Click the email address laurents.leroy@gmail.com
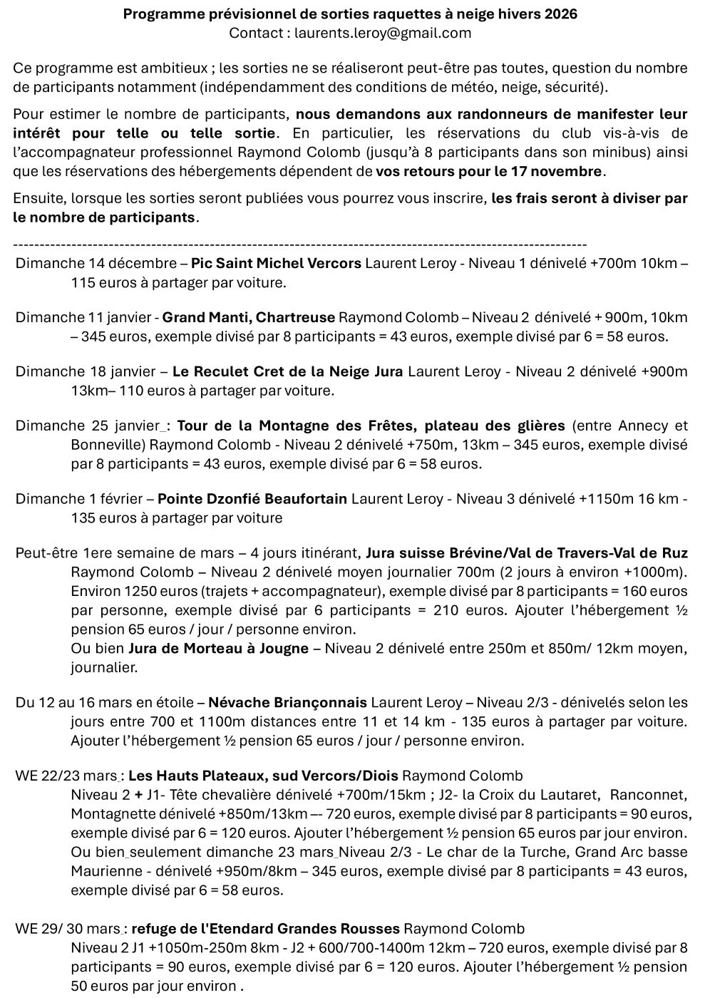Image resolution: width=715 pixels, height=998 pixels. click(x=382, y=33)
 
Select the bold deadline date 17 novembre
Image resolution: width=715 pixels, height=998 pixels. click(x=561, y=171)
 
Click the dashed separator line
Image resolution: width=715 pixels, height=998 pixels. click(x=299, y=243)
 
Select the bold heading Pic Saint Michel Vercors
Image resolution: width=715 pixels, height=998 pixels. click(x=276, y=263)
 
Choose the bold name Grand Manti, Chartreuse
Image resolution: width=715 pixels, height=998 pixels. click(x=249, y=317)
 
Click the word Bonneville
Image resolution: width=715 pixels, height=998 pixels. click(x=106, y=445)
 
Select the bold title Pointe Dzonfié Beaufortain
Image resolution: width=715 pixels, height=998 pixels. click(x=252, y=499)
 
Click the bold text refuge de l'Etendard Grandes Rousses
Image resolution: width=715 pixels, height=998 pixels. click(x=266, y=929)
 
